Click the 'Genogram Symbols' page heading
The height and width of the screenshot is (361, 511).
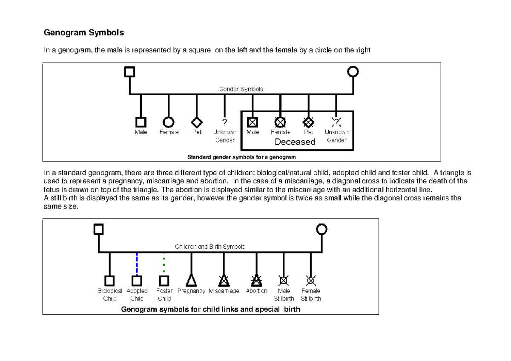point(84,33)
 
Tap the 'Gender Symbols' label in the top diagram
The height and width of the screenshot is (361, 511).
point(241,89)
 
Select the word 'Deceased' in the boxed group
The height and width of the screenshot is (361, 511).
point(295,142)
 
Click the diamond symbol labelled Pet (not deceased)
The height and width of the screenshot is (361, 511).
point(196,122)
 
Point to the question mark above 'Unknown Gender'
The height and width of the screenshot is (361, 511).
point(224,122)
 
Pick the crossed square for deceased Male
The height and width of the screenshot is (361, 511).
point(253,122)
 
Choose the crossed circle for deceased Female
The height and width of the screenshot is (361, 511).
point(280,122)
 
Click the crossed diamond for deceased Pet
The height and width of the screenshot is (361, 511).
point(308,122)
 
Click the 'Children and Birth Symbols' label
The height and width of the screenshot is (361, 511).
point(210,247)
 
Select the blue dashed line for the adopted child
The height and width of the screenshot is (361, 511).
point(137,264)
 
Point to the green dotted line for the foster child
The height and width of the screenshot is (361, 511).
point(164,264)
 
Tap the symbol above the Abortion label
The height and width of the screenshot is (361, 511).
point(256,280)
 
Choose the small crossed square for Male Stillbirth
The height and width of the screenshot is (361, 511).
point(284,280)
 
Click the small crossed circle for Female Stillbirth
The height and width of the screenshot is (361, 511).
point(311,280)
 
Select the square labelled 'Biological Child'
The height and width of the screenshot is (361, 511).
point(110,281)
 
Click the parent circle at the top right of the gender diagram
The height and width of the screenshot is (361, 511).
point(353,72)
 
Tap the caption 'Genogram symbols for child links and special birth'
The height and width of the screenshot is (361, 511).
point(211,309)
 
